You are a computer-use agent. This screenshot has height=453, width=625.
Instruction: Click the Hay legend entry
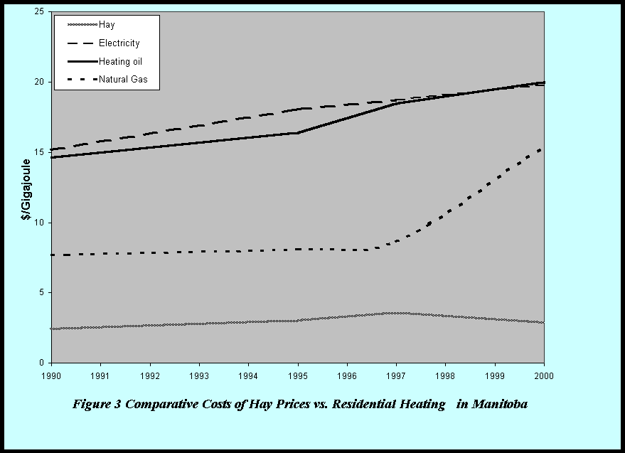click(106, 25)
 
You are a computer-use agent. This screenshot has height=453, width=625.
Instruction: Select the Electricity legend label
click(119, 43)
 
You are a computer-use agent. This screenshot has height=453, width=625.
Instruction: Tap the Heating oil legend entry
click(120, 62)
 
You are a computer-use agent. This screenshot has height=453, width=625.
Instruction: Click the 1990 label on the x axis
click(51, 373)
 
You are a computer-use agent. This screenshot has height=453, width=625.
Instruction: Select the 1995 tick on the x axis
click(298, 373)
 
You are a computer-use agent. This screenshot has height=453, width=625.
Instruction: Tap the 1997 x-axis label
click(396, 373)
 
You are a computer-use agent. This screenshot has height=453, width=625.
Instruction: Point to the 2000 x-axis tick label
click(544, 373)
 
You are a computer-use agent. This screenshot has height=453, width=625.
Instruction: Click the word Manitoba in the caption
click(498, 405)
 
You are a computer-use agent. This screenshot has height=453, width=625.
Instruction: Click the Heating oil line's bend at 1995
click(298, 133)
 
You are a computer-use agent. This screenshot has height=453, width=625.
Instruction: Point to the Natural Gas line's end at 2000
click(544, 148)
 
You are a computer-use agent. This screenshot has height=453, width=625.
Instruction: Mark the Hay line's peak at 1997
click(396, 313)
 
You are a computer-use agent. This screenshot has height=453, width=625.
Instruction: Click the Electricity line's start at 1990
click(52, 150)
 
